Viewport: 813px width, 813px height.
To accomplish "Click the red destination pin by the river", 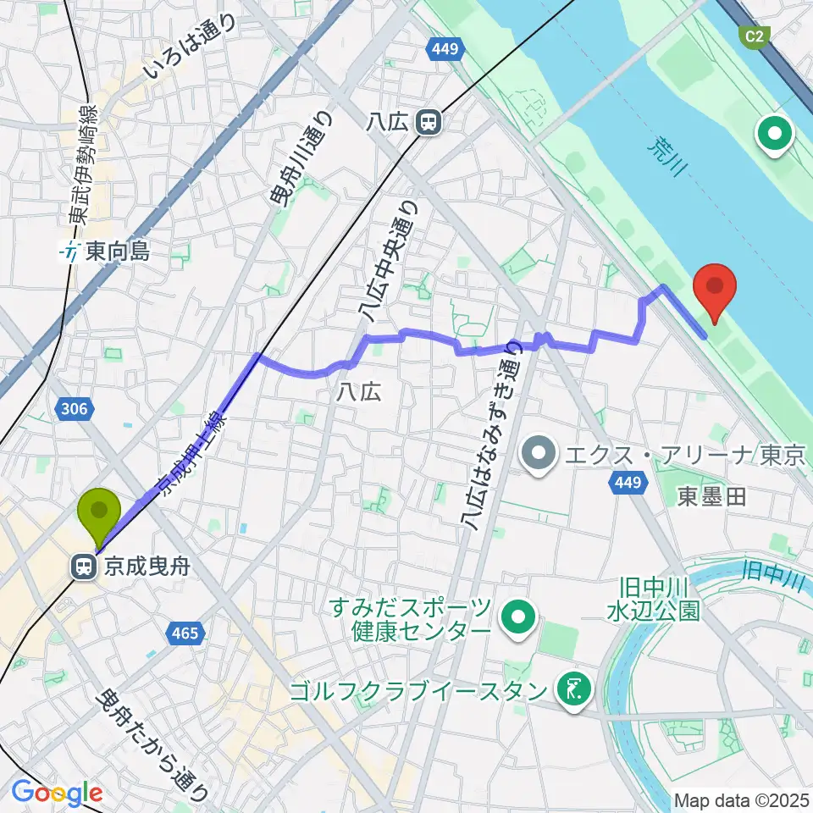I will coord(713,290).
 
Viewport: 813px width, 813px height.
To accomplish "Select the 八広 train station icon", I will coord(429,124).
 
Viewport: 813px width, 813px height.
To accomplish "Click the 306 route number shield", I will coord(74,411).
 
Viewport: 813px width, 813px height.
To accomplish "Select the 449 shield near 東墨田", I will coord(622,482).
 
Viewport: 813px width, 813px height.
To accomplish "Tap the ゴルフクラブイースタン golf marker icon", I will coord(575,690).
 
